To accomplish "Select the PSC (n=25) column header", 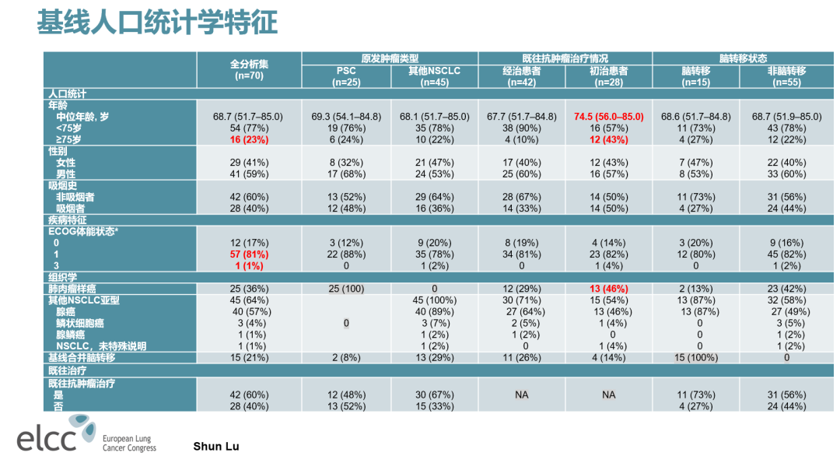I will [x=345, y=75].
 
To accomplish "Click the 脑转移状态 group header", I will [x=742, y=58].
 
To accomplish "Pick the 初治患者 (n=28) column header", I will [x=608, y=75].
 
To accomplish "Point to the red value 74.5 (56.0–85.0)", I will [x=608, y=117].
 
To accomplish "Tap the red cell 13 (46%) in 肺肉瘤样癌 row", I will [x=608, y=289].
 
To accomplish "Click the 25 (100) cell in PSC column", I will [x=345, y=289].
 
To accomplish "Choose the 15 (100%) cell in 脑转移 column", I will [x=695, y=357].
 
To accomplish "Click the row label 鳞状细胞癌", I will [x=80, y=323].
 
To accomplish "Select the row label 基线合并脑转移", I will [x=82, y=357].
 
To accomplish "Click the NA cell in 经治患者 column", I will [x=521, y=395].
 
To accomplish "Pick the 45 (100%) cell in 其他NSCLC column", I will [x=434, y=300].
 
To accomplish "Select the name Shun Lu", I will [x=216, y=446].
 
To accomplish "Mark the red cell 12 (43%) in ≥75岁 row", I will [x=608, y=139].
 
